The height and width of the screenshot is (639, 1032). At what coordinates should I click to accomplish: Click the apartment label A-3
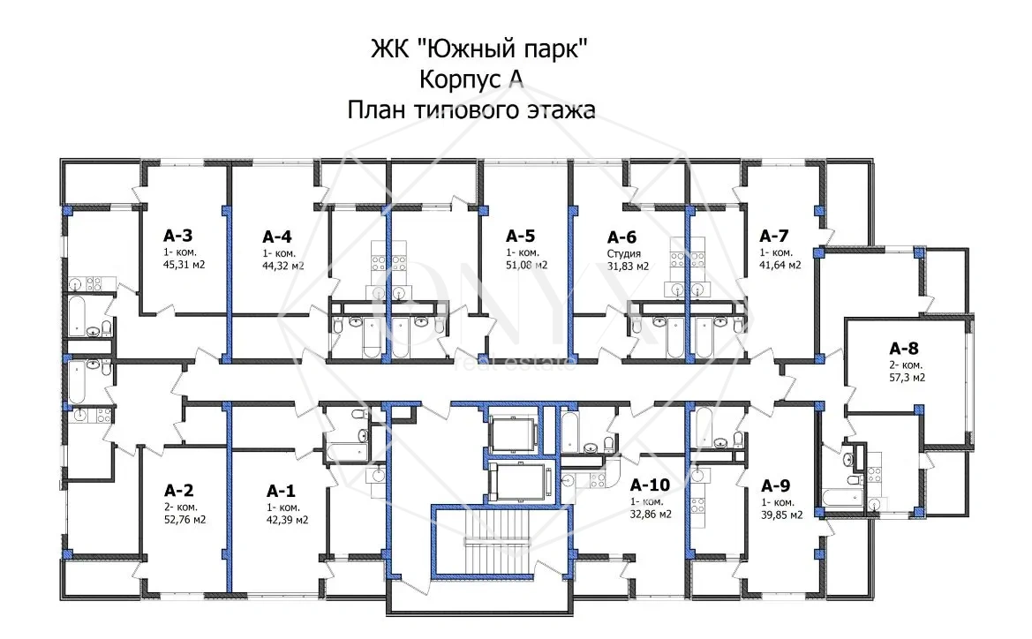tap(177, 236)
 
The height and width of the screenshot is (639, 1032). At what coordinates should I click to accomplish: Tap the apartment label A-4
tap(276, 237)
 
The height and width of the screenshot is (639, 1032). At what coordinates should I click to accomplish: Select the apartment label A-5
tap(520, 236)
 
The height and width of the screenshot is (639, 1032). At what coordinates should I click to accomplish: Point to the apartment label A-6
tap(621, 237)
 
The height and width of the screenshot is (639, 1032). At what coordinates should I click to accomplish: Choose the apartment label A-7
tap(774, 236)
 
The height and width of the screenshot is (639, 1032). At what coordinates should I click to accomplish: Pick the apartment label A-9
tap(774, 485)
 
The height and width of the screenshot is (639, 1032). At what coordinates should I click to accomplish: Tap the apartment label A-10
tap(650, 485)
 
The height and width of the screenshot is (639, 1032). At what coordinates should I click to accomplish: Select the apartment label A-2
tap(178, 490)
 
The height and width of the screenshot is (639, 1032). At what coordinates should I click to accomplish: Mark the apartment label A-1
tap(281, 490)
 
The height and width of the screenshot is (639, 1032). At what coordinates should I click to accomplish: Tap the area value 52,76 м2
tap(185, 520)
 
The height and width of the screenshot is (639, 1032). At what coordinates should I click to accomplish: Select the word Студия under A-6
tap(623, 252)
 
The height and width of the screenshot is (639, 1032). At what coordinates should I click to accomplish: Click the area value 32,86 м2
tap(650, 515)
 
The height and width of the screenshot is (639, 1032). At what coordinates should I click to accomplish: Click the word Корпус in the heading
tap(456, 79)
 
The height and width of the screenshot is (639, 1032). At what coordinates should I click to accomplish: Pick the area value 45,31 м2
tap(184, 264)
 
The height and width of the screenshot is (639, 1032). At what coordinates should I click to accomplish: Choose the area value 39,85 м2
tap(781, 515)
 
